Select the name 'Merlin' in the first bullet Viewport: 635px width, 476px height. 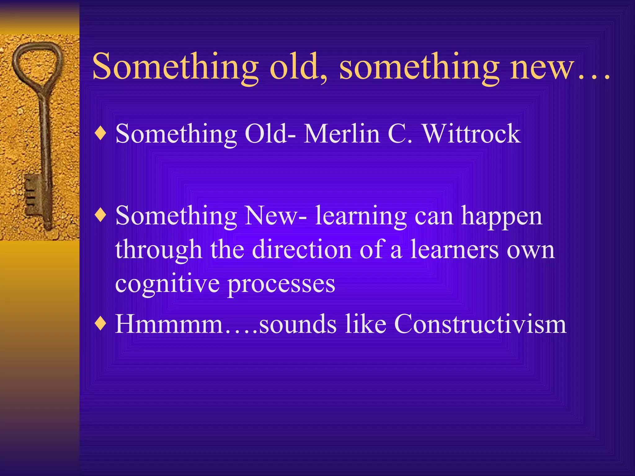click(342, 134)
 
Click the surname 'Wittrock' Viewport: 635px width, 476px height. click(472, 134)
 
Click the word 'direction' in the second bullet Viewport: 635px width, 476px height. click(302, 249)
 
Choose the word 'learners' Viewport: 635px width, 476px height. click(454, 249)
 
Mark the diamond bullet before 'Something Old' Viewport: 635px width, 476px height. click(101, 134)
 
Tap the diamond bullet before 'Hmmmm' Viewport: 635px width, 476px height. click(101, 324)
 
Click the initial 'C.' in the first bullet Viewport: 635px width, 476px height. click(400, 134)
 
